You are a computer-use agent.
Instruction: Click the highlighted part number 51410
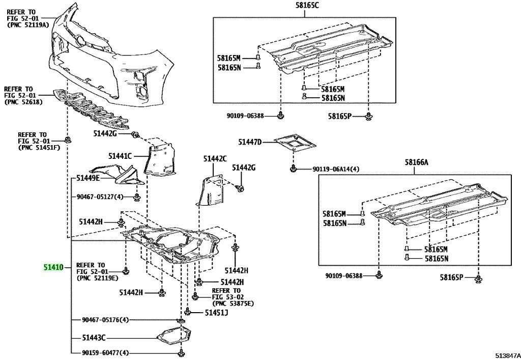click(53, 267)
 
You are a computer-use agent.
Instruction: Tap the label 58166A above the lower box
click(417, 162)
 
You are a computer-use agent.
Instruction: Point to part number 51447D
click(250, 143)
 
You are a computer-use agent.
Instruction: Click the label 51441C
click(120, 156)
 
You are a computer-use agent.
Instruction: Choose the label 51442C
click(215, 159)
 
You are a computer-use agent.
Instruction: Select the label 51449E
click(88, 178)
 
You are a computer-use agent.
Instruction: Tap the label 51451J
click(216, 313)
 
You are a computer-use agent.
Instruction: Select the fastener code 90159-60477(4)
click(105, 352)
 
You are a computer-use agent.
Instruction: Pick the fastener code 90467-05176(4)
click(105, 320)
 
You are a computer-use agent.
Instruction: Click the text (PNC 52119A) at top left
click(28, 24)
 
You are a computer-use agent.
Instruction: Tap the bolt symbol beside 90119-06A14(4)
click(293, 168)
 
